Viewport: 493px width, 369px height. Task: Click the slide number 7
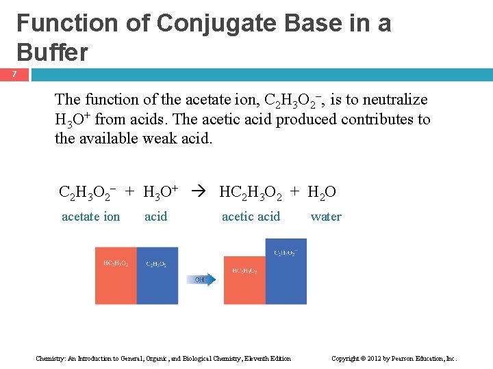tap(13, 74)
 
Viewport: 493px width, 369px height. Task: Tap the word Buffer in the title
tap(52, 52)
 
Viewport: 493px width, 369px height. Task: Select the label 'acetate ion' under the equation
tap(90, 217)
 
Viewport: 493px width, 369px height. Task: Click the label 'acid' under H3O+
tap(155, 217)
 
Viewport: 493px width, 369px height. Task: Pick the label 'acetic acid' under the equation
tap(251, 217)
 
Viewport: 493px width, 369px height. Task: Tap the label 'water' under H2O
tap(326, 217)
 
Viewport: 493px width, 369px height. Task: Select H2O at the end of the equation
tap(322, 193)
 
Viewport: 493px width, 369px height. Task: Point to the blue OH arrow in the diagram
tap(201, 279)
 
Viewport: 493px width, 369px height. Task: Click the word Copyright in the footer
tap(346, 359)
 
